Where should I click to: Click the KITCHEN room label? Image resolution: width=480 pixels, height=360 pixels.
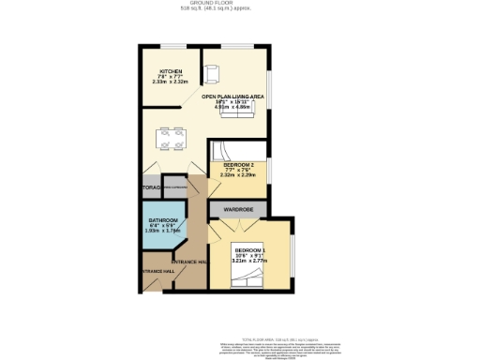pyautogui.click(x=170, y=71)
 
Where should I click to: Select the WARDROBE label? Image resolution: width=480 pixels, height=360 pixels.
pyautogui.click(x=237, y=209)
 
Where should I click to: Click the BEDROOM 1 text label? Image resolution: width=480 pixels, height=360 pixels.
pyautogui.click(x=250, y=249)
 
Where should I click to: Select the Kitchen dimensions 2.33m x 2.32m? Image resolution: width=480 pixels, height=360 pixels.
pyautogui.click(x=170, y=82)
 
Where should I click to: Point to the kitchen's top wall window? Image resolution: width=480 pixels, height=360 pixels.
pyautogui.click(x=172, y=46)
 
